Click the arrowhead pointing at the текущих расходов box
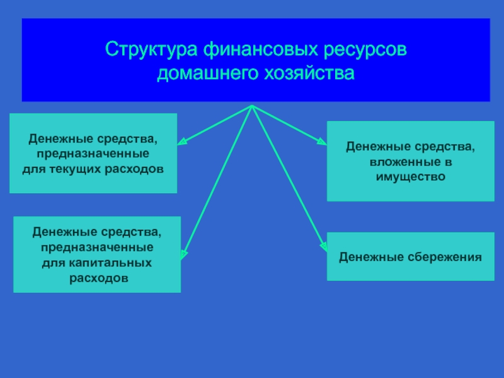[180, 142]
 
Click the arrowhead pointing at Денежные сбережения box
[324, 247]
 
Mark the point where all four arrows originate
[252, 106]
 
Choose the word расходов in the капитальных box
[98, 277]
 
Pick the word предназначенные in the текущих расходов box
[93, 154]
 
